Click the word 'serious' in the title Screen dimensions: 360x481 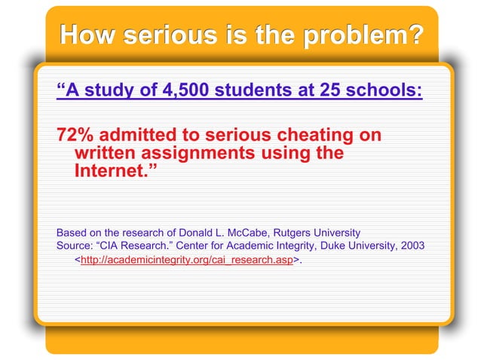click(153, 35)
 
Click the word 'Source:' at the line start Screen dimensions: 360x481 click(75, 245)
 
